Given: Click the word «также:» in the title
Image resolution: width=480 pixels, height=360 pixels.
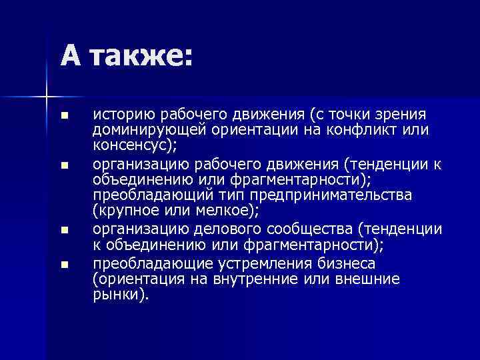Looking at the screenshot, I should coord(139,55).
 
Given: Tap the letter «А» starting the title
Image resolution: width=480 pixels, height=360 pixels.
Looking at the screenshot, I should coord(71,55).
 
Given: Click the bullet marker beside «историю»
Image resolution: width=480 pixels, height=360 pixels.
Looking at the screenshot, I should coord(63,116).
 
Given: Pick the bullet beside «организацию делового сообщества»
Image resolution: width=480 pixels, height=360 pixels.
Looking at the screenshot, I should coord(63,230).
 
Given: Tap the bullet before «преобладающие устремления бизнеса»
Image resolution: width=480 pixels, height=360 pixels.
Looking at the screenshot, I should coord(63,265).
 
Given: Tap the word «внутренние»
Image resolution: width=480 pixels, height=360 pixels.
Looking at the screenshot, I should coord(254,278).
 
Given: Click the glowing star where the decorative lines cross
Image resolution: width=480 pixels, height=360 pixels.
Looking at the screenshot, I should coord(47,97).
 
